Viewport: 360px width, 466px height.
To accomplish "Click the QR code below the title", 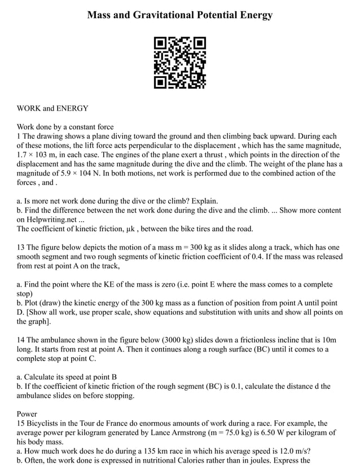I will tap(179, 62).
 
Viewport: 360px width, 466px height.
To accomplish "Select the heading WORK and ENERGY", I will tap(52, 108).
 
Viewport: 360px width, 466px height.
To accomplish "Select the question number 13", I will tap(21, 247).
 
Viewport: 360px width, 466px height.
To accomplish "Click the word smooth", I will tap(30, 256).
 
